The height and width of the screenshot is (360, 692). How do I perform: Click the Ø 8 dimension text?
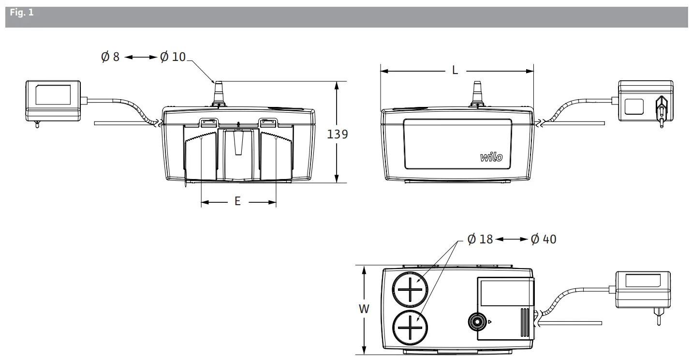[x=110, y=57]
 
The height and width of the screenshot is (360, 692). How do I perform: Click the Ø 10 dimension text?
[x=173, y=57]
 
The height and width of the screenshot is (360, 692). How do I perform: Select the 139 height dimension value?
[x=338, y=134]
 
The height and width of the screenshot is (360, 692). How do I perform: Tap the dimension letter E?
[x=237, y=202]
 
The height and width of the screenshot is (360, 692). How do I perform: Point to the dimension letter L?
[x=455, y=71]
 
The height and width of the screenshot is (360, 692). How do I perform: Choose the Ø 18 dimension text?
[x=480, y=240]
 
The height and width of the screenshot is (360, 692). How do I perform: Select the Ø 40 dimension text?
[x=543, y=240]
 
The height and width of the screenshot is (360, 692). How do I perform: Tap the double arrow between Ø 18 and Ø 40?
[x=512, y=240]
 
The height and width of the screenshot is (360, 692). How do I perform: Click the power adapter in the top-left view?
[x=53, y=99]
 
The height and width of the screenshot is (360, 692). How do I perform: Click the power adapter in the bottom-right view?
[x=642, y=290]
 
